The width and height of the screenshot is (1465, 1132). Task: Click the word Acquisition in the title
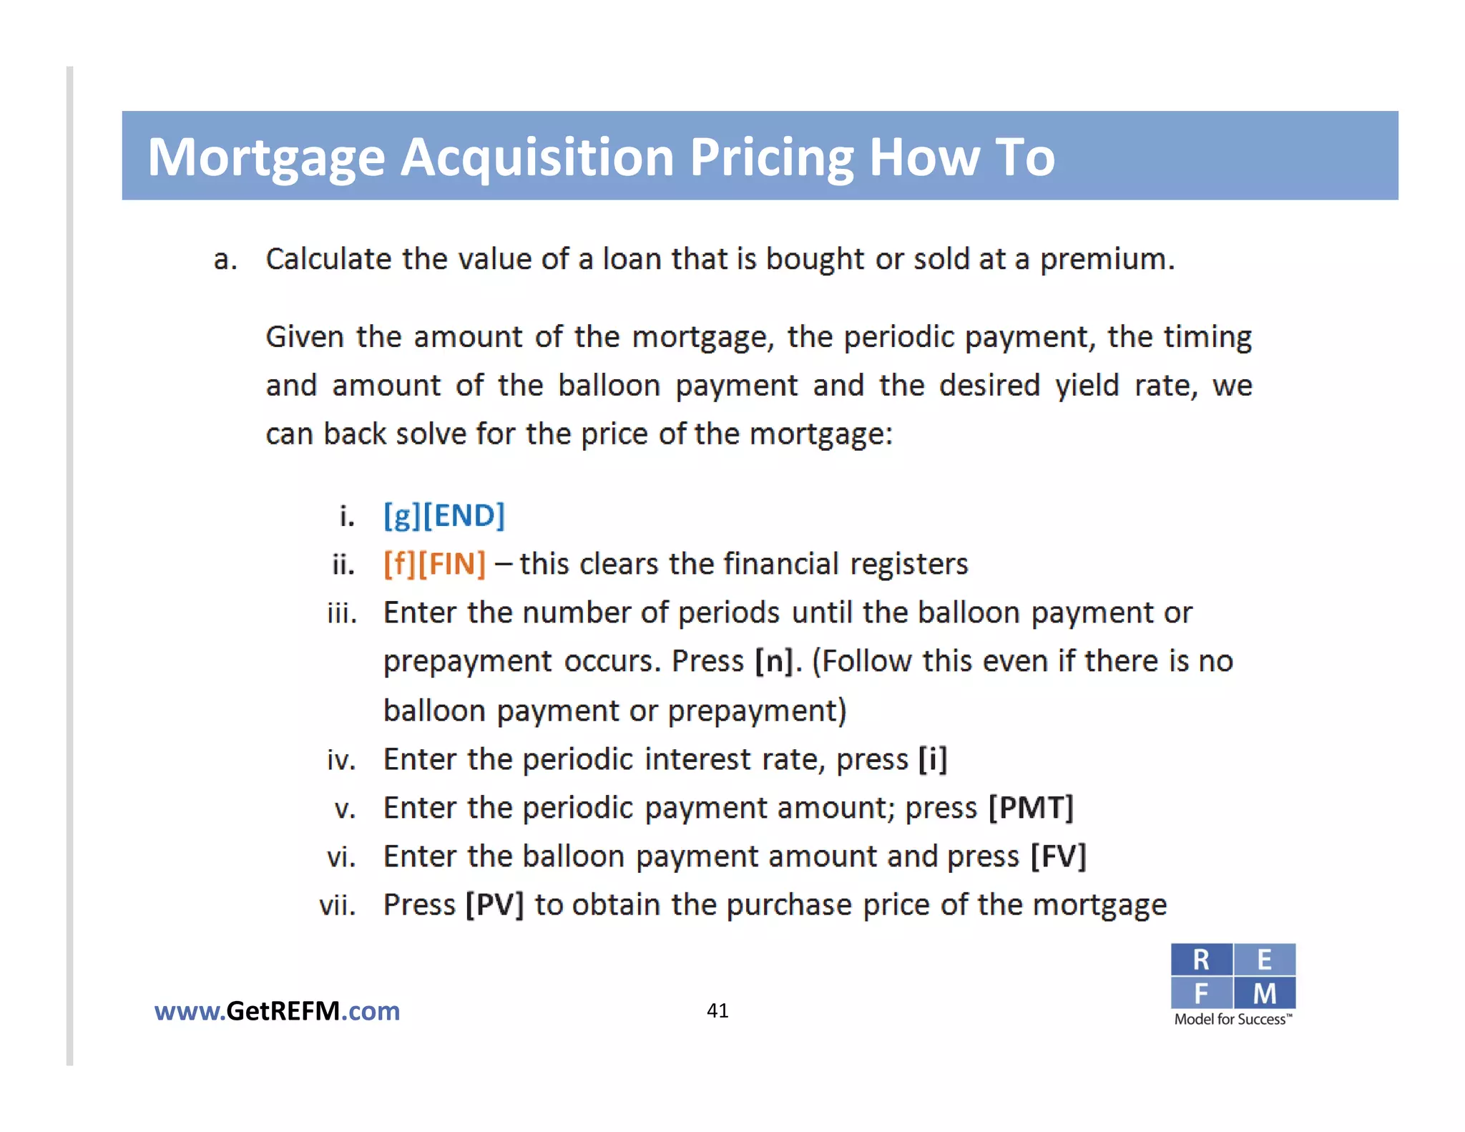(x=536, y=157)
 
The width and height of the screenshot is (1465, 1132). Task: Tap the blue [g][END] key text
(x=444, y=515)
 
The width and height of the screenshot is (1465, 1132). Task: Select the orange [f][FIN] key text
(x=434, y=564)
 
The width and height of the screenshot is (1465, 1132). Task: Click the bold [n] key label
(x=774, y=661)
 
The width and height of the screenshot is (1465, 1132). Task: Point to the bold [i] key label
(x=933, y=759)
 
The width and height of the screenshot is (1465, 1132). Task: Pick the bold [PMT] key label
(x=1031, y=808)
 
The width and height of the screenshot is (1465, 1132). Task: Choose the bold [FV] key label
(x=1058, y=857)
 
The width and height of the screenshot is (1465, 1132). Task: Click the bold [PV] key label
(x=494, y=905)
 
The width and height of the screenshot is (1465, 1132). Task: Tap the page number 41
(x=717, y=1010)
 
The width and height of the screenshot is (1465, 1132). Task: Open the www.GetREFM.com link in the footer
(x=277, y=1011)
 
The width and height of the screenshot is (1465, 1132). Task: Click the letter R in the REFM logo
(x=1201, y=960)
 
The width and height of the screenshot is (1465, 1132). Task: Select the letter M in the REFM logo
(x=1264, y=993)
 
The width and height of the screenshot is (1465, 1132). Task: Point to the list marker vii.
(x=338, y=906)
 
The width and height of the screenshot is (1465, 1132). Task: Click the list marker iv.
(x=341, y=760)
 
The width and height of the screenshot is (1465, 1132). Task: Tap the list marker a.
(x=225, y=259)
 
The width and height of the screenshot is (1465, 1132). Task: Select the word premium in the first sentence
(x=1107, y=259)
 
